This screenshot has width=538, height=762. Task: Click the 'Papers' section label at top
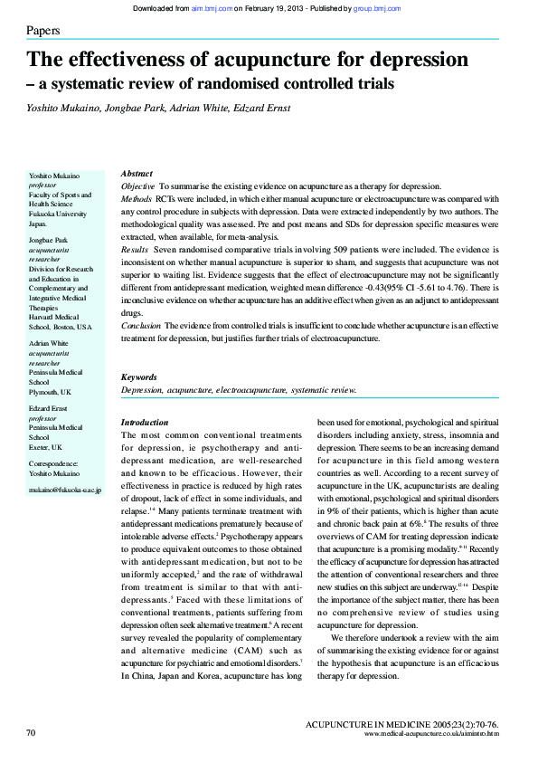point(43,31)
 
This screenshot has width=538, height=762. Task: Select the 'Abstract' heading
point(137,173)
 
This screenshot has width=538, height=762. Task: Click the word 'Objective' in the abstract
point(138,185)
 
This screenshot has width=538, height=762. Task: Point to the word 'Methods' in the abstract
point(137,197)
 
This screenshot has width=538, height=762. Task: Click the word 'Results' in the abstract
point(135,248)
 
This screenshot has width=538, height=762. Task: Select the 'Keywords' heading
point(139,376)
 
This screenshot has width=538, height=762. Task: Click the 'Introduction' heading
point(144,423)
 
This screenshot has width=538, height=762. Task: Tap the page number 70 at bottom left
point(31,731)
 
